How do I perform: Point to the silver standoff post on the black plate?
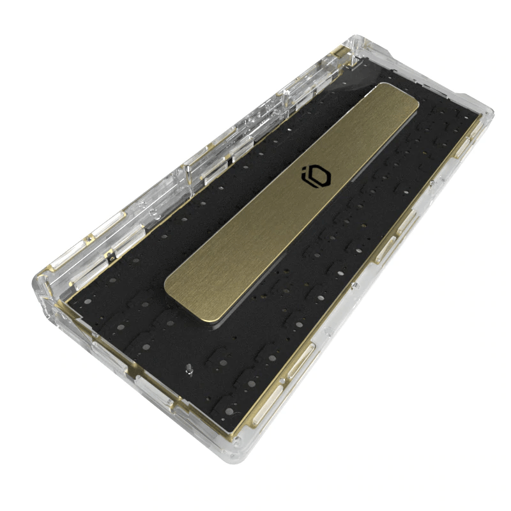click(190, 369)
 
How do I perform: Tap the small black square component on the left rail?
click(111, 259)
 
